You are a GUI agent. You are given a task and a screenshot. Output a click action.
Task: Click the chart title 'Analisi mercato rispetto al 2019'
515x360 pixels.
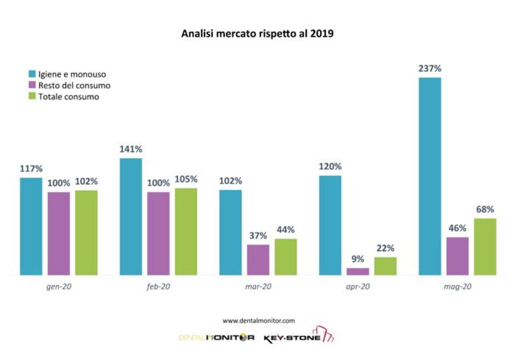(257, 34)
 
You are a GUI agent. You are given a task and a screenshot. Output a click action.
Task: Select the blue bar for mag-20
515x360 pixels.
(430, 176)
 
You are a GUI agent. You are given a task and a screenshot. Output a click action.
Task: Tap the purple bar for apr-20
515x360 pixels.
(358, 272)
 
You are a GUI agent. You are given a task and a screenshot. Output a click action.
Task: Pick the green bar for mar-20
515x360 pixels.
(285, 257)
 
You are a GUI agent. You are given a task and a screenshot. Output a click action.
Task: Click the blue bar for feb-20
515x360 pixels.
(131, 216)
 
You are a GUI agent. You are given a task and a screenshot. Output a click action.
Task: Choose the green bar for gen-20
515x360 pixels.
(86, 232)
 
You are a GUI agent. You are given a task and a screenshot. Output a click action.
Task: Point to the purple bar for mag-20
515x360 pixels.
(457, 256)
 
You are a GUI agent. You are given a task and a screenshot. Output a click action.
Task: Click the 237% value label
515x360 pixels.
(430, 69)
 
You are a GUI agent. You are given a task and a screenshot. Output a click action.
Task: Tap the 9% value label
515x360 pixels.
(358, 259)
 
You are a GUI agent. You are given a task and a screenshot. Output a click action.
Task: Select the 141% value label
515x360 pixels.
(131, 150)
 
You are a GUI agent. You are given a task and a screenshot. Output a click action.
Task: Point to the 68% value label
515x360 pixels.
(485, 210)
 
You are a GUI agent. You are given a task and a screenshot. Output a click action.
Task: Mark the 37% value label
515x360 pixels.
(258, 236)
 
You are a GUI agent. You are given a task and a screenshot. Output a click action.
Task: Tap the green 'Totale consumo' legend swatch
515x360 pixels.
(32, 96)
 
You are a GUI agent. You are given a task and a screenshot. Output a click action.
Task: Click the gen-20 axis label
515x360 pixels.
(59, 287)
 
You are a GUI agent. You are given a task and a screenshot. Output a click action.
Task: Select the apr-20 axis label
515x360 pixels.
(357, 287)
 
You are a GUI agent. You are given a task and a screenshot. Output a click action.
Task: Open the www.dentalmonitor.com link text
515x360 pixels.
(259, 320)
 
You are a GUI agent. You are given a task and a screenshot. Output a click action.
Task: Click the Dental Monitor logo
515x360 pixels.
(216, 338)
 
